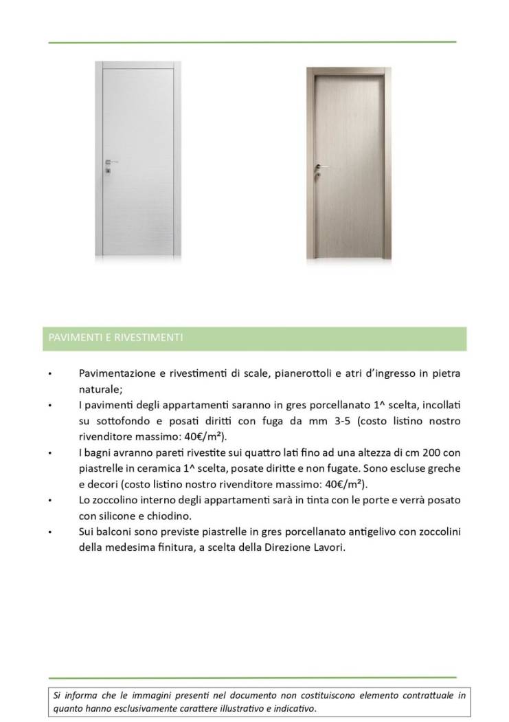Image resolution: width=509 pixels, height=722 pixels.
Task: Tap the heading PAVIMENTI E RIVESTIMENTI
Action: (x=115, y=338)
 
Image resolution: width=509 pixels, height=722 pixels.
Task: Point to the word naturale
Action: (x=101, y=389)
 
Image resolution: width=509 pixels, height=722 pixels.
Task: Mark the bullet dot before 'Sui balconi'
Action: (x=50, y=532)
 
